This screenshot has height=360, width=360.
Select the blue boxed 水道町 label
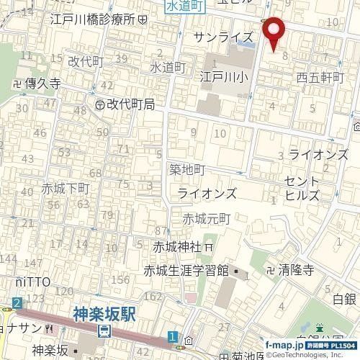[x=185, y=6]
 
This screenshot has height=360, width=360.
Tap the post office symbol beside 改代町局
[x=99, y=104]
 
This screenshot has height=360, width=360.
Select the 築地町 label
[x=187, y=169]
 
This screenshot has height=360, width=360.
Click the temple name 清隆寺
[x=296, y=271]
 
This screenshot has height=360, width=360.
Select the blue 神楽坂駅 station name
[x=105, y=314]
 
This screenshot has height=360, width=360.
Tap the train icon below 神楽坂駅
[x=105, y=331]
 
